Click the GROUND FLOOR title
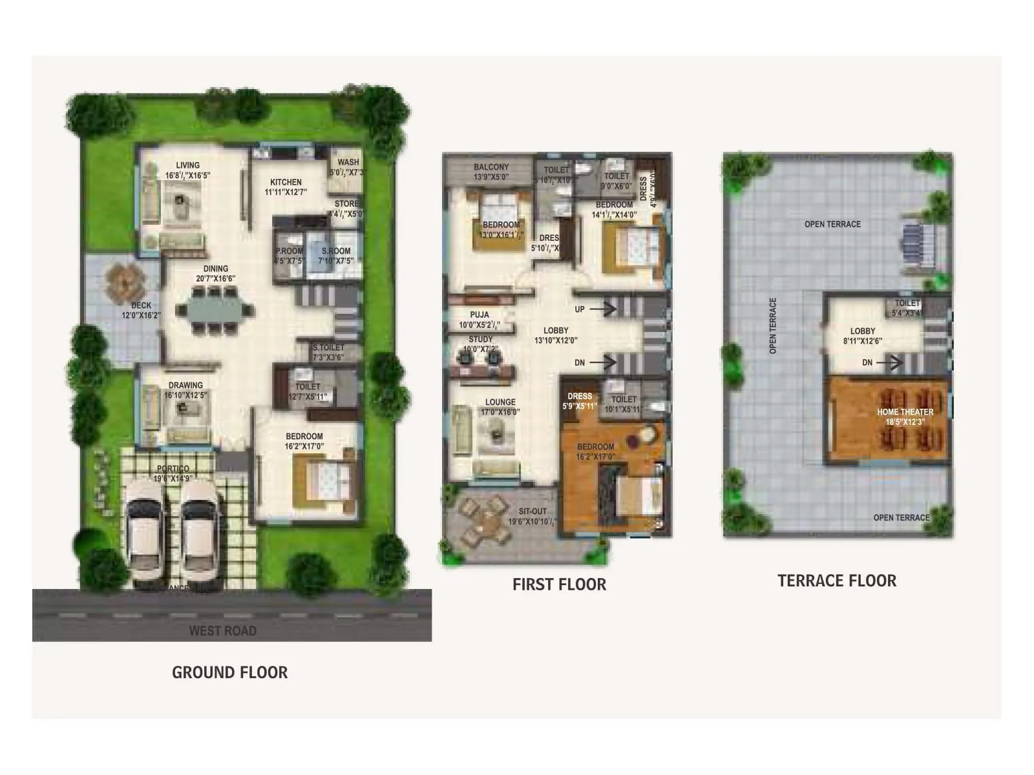(x=229, y=672)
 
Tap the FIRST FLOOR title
(x=559, y=584)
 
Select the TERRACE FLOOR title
(x=837, y=581)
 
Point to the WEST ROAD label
(x=222, y=630)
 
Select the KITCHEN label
(x=286, y=182)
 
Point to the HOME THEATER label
(x=905, y=411)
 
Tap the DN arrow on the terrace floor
(x=891, y=363)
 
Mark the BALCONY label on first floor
(x=491, y=167)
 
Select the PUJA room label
(x=480, y=315)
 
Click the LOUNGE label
(x=500, y=402)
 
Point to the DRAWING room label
(x=185, y=385)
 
